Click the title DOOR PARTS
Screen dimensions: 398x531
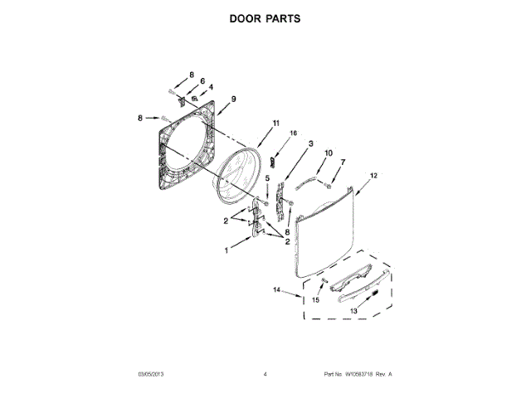(265, 18)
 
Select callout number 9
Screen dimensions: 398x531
(234, 99)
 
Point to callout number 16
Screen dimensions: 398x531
(292, 133)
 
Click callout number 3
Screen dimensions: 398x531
(310, 143)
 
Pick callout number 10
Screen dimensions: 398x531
(328, 153)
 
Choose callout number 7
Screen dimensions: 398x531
(343, 162)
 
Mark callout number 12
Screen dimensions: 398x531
(373, 175)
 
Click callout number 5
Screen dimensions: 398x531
(267, 178)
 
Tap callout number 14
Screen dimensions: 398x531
(277, 290)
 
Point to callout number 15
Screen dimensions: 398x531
(315, 301)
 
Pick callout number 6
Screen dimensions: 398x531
(202, 81)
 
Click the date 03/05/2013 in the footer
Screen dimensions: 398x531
(145, 375)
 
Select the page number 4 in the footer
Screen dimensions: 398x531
(265, 375)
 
